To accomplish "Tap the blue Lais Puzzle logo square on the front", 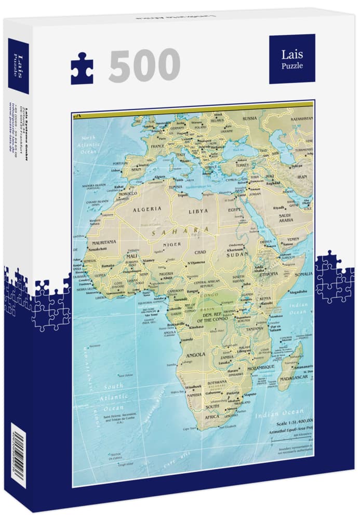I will coord(291,58).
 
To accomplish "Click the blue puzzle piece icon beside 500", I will coord(82,68).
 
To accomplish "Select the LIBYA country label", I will coord(198,211).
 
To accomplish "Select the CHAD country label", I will coord(201,252).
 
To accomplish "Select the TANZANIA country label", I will coord(258,329).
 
